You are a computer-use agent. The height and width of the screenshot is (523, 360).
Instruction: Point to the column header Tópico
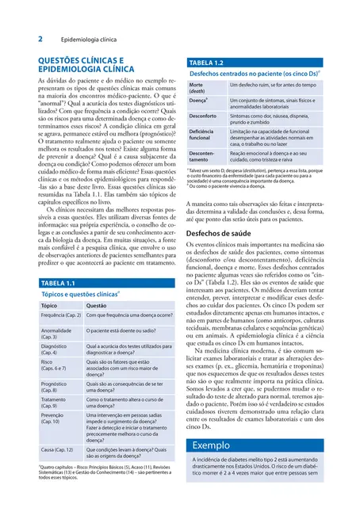[49, 305]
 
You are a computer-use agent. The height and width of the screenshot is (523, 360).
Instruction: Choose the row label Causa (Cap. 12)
[57, 450]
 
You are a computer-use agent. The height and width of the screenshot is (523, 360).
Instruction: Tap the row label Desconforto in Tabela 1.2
[203, 116]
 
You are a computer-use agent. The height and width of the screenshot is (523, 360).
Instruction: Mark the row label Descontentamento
[202, 157]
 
